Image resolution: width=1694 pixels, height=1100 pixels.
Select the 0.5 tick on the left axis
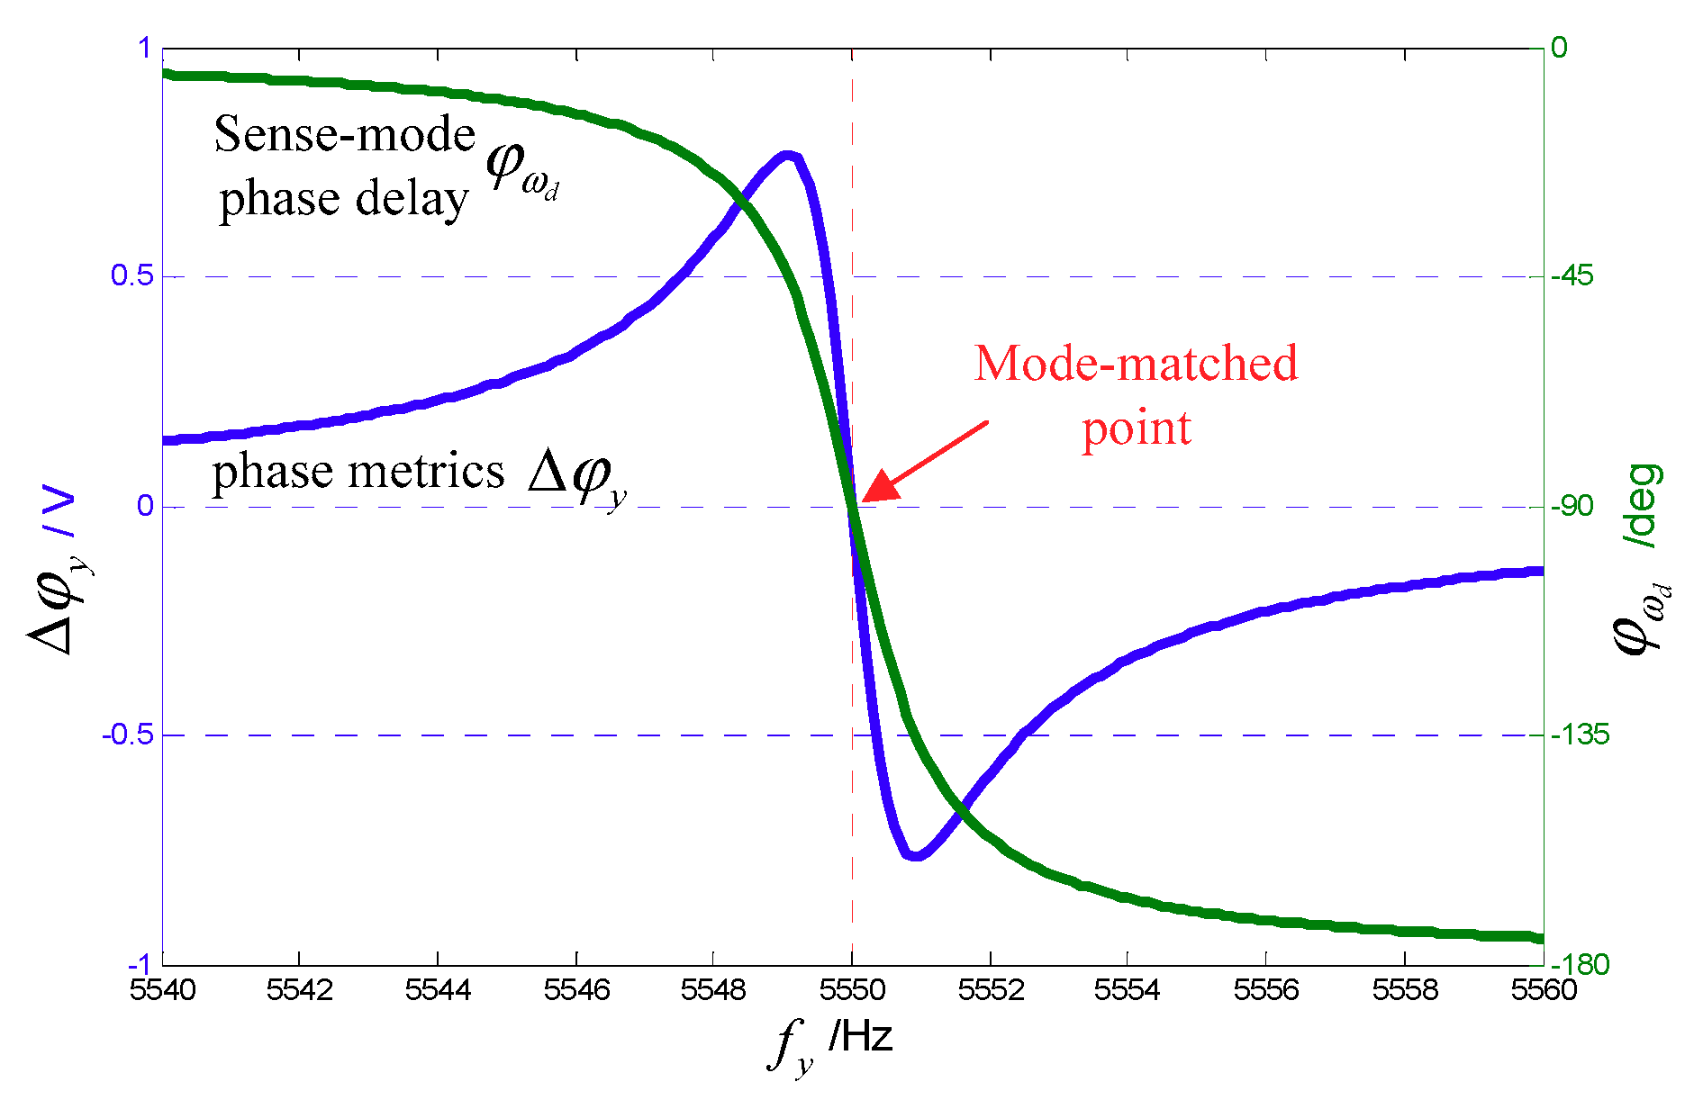(x=131, y=276)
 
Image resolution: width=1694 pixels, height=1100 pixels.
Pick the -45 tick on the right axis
(x=1572, y=276)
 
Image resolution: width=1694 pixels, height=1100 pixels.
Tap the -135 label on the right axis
(x=1579, y=735)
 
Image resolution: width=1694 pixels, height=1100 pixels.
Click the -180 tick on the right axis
(x=1579, y=965)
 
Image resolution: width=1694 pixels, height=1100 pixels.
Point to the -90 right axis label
(x=1572, y=506)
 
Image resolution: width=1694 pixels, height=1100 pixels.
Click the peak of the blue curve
(x=788, y=156)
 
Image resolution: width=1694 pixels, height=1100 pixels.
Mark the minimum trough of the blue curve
(x=915, y=854)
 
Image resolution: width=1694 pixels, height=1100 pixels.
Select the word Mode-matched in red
(x=1136, y=364)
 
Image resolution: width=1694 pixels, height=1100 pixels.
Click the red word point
(x=1136, y=429)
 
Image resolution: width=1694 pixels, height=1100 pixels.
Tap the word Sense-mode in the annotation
(x=344, y=135)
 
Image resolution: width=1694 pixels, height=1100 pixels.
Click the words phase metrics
(x=358, y=472)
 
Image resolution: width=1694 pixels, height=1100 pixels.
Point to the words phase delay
(x=344, y=199)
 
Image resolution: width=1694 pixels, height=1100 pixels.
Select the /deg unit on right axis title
(x=1642, y=506)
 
